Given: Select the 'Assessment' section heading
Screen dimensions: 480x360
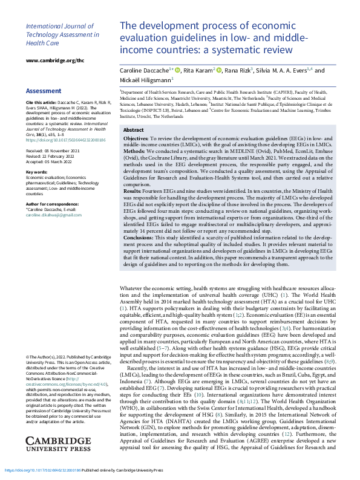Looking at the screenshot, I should [43, 91].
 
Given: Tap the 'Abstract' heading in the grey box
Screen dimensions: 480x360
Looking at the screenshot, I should [133, 130].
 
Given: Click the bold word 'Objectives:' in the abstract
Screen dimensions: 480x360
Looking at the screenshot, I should [136, 139].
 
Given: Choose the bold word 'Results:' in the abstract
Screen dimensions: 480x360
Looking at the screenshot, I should [133, 207].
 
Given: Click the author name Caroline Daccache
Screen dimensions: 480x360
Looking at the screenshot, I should [145, 71].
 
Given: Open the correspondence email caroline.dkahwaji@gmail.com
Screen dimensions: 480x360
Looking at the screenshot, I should [53, 215].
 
